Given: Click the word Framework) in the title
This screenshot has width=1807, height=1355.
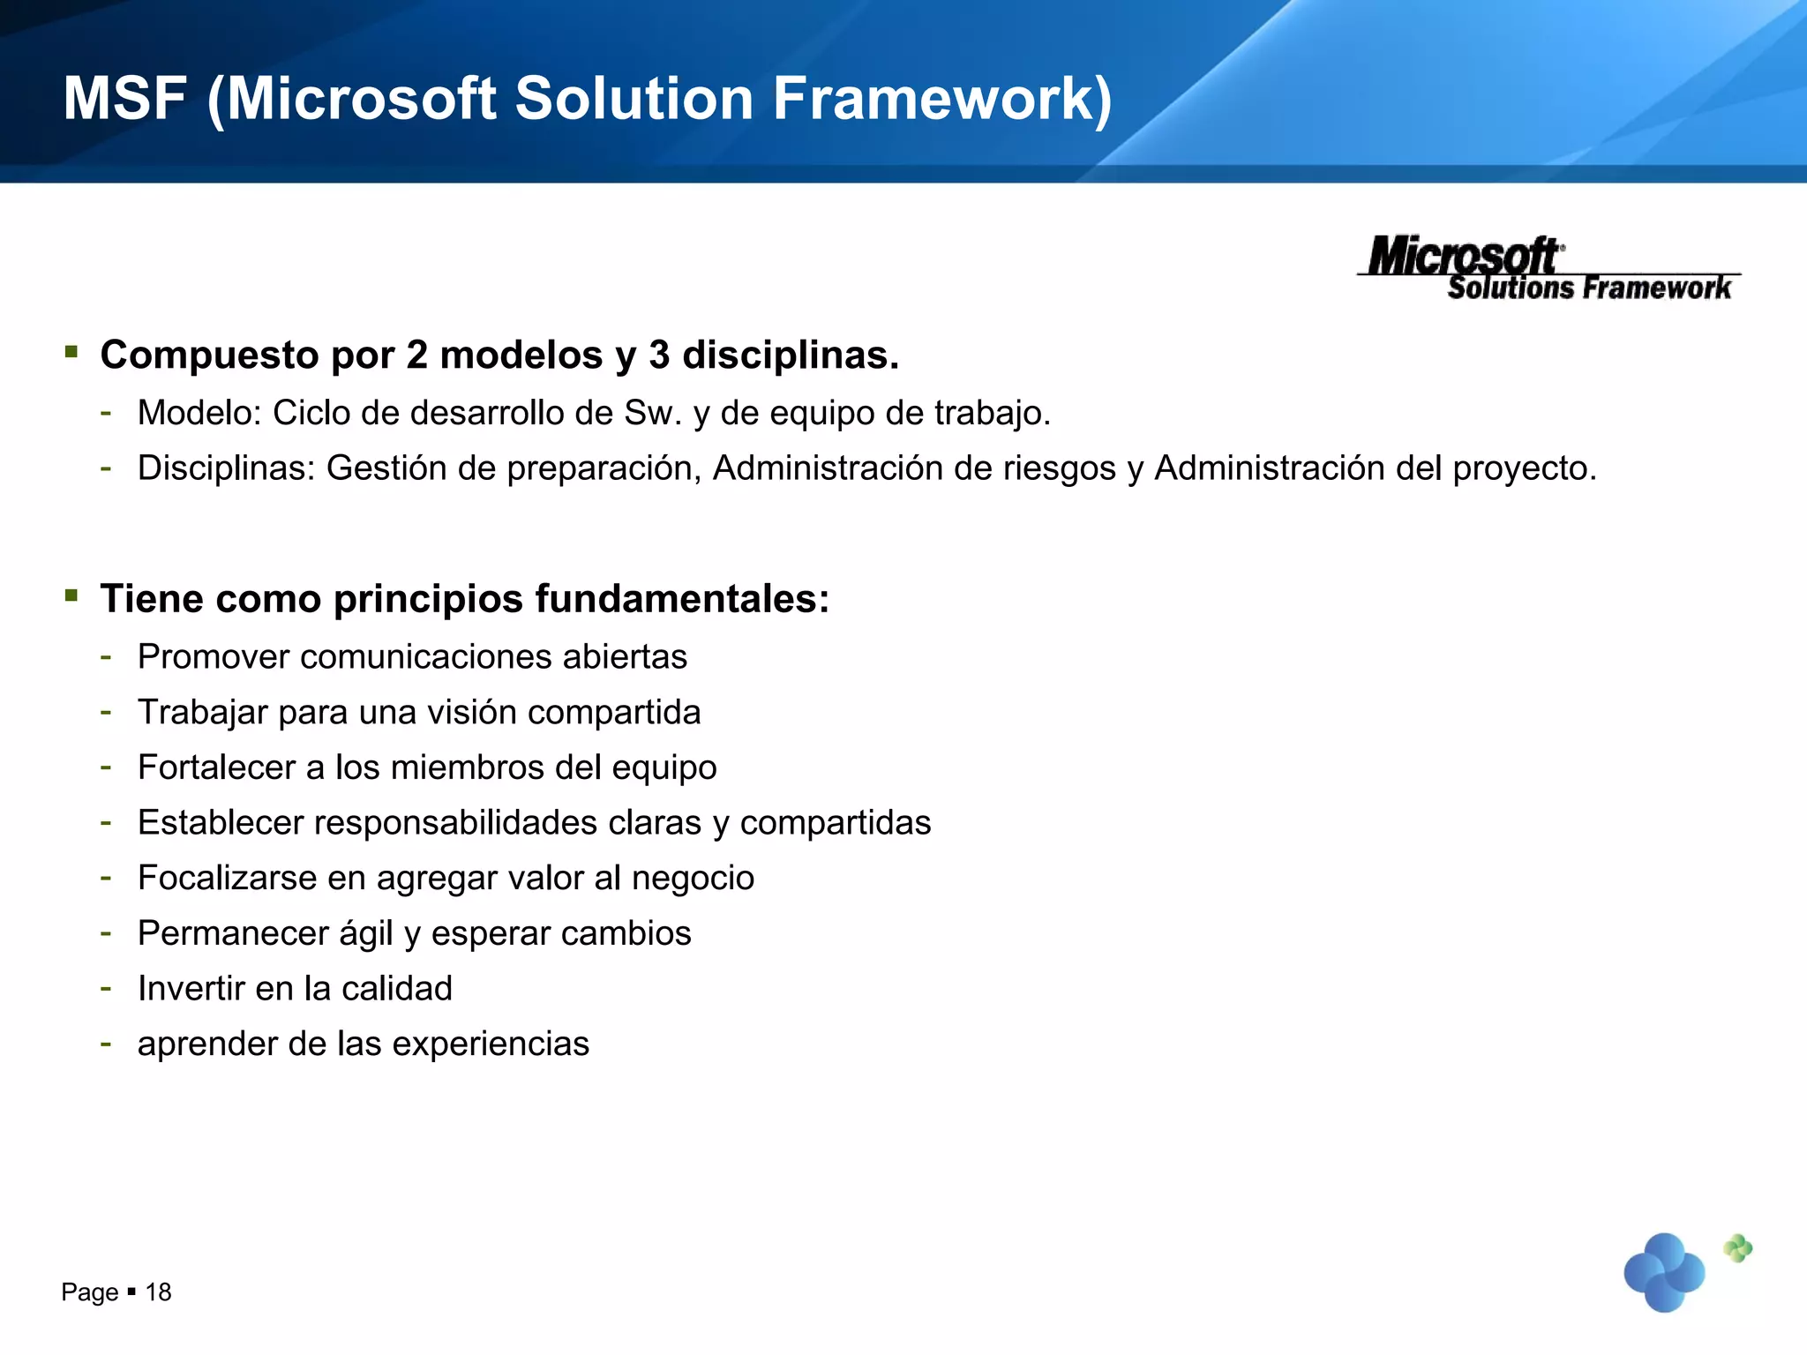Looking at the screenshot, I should (x=942, y=99).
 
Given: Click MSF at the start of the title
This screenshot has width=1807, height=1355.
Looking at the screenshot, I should (x=124, y=99).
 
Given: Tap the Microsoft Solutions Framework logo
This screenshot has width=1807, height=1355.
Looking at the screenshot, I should (x=1549, y=268).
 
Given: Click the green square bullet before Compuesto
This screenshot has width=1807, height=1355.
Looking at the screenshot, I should (x=71, y=353).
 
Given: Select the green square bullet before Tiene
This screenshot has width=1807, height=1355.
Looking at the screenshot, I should (x=71, y=595).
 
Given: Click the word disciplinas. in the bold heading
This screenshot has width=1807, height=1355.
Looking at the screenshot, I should (x=791, y=356).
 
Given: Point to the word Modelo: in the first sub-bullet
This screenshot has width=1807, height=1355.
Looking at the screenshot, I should (x=199, y=413).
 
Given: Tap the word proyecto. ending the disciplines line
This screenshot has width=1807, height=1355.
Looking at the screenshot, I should (x=1525, y=468).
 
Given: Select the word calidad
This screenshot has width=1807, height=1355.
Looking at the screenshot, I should (x=397, y=989).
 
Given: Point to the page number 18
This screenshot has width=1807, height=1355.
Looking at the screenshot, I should (x=158, y=1292).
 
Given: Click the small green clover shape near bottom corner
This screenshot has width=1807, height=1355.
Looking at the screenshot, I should (x=1737, y=1248).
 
